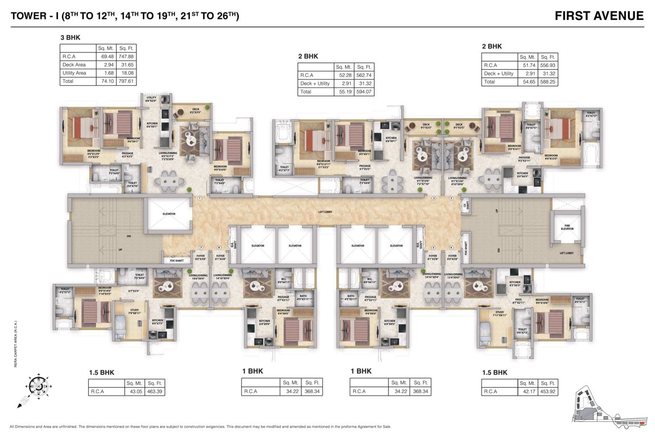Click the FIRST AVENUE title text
coord(599,16)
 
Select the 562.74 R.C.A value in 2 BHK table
coord(363,74)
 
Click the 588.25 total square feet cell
coord(548,82)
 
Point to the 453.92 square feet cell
coord(547,391)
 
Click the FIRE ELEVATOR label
coord(567,227)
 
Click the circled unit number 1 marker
coord(200,199)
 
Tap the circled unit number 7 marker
coord(201,248)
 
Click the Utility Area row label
coord(74,73)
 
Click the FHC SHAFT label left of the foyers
coord(177,261)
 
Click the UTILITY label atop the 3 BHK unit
coord(151,98)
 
